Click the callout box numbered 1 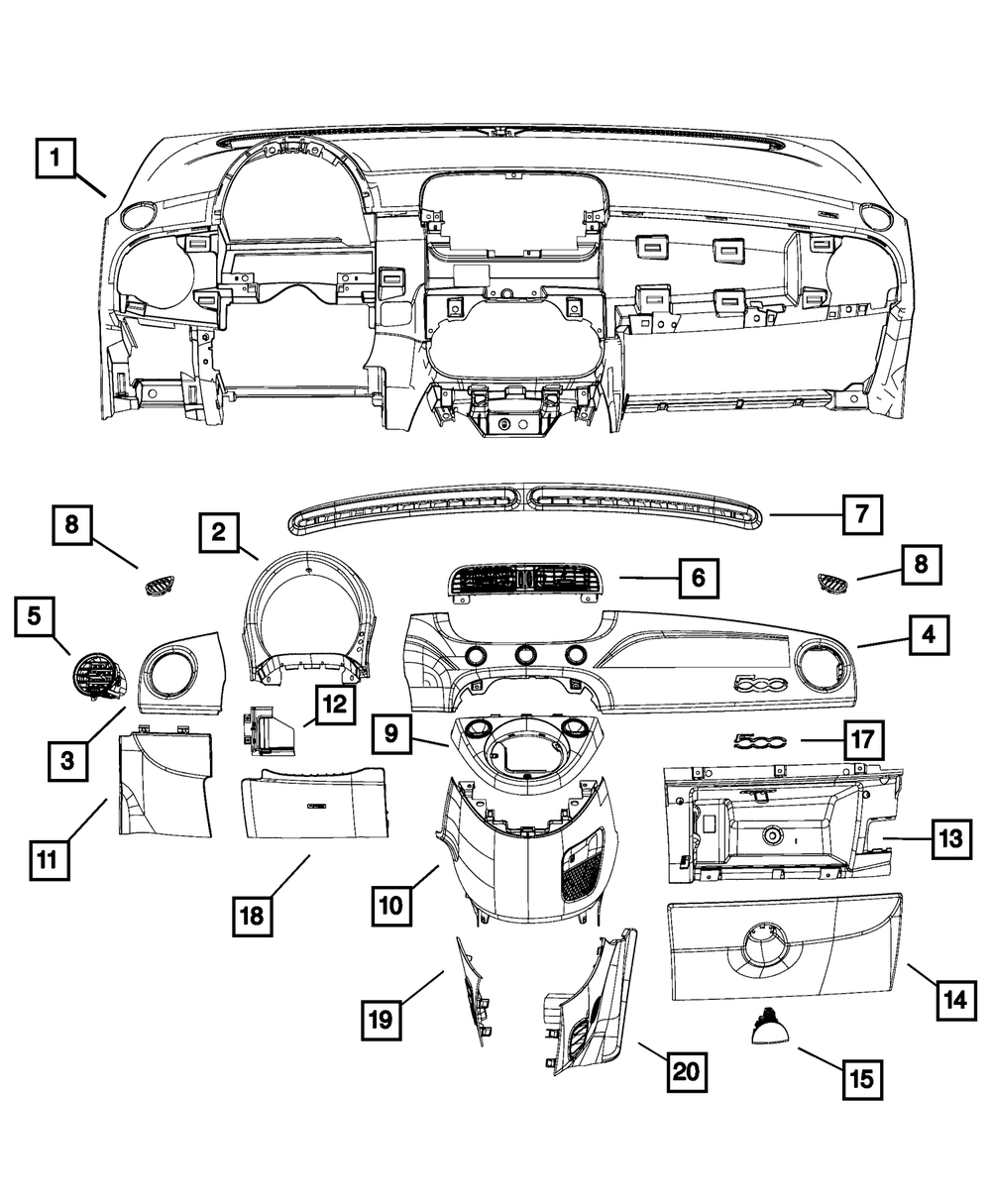pyautogui.click(x=55, y=159)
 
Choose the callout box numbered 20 pyautogui.click(x=690, y=1072)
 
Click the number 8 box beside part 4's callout pyautogui.click(x=921, y=566)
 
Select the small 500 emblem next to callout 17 pyautogui.click(x=758, y=740)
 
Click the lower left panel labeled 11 pyautogui.click(x=164, y=783)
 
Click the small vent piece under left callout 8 pyautogui.click(x=157, y=587)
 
